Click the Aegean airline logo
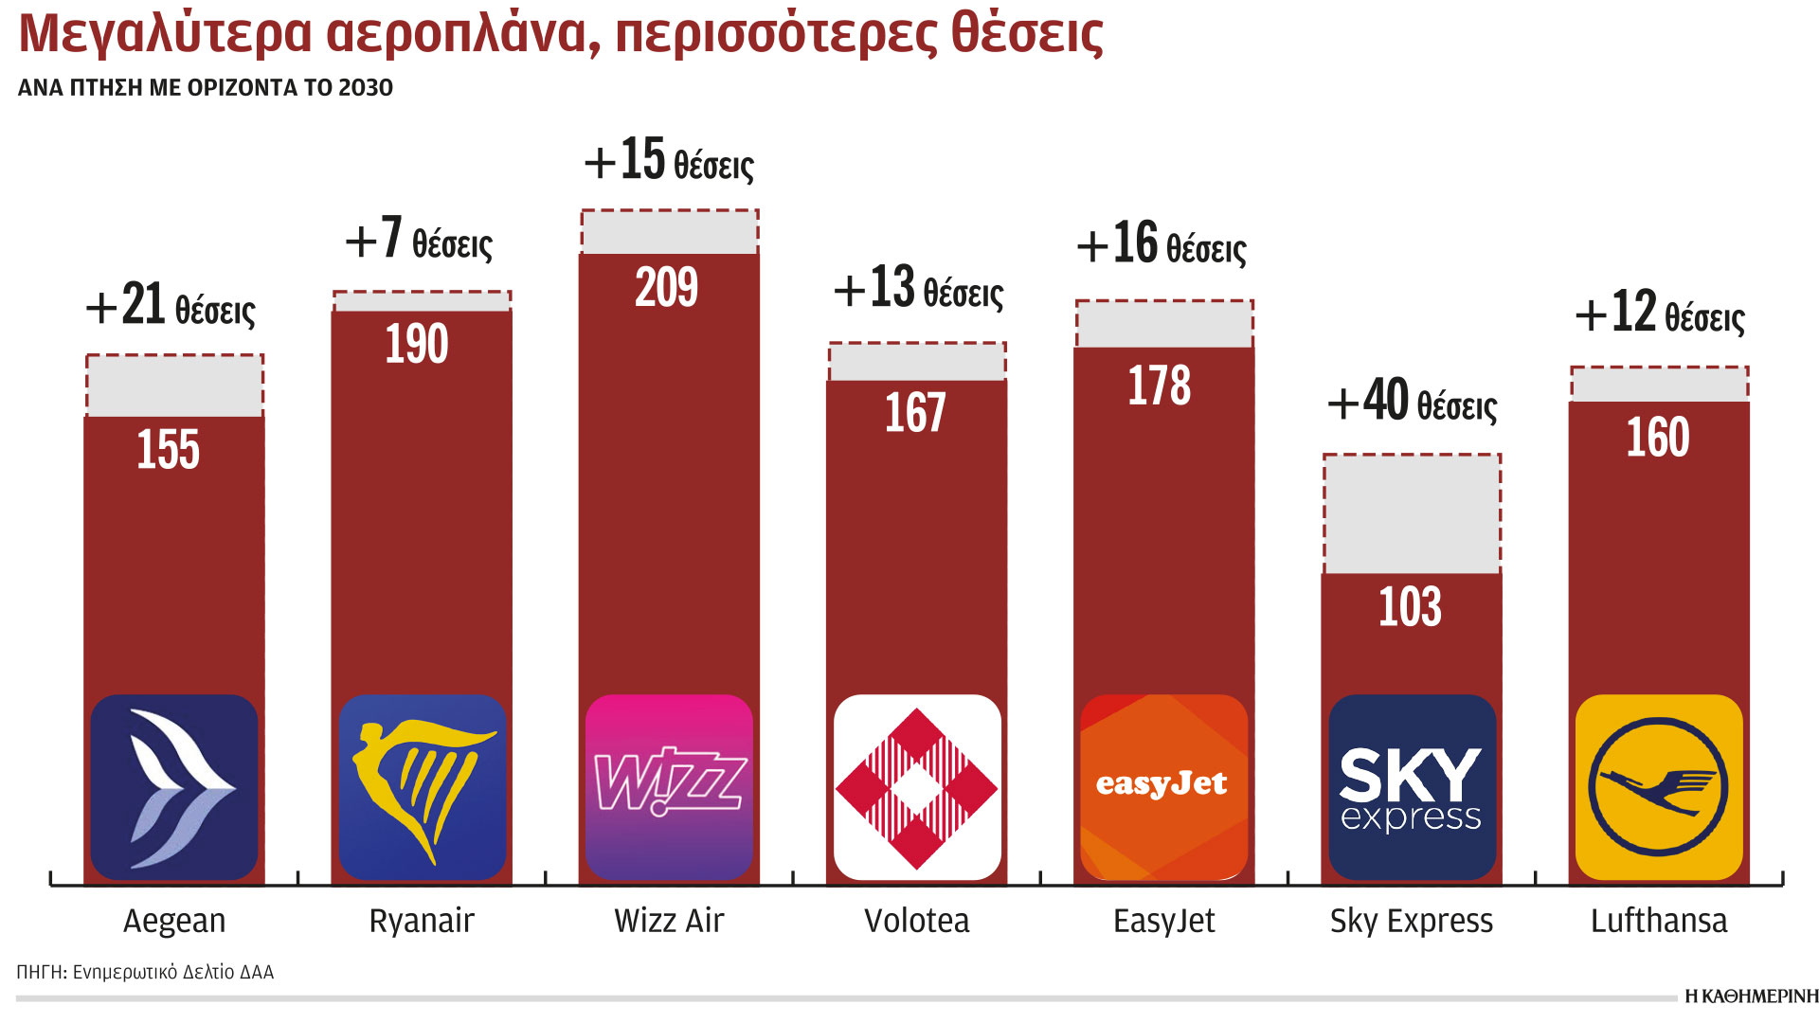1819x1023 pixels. coord(174,787)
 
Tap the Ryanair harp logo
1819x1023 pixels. coord(422,787)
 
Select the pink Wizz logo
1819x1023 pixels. coord(669,787)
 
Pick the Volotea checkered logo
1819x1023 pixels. coord(916,787)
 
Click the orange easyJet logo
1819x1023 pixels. coord(1163,787)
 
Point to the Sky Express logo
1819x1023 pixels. coord(1412,787)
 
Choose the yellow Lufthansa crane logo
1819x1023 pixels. coord(1659,787)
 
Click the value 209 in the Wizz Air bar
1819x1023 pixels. coord(667,287)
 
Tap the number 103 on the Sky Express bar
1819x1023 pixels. coord(1410,607)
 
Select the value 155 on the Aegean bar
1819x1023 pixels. coord(169,449)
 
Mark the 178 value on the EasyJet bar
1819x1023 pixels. coord(1160,386)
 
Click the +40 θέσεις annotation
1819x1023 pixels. coord(1412,402)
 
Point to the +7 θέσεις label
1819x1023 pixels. coord(419,240)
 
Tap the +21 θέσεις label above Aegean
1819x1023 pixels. coord(171,306)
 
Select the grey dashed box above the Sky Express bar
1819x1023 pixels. coord(1412,514)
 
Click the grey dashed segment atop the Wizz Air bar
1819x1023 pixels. coord(669,232)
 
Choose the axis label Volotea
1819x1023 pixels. coord(916,921)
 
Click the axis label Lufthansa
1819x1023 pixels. coord(1659,921)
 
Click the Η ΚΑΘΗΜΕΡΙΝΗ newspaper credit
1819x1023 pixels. coord(1751,996)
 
